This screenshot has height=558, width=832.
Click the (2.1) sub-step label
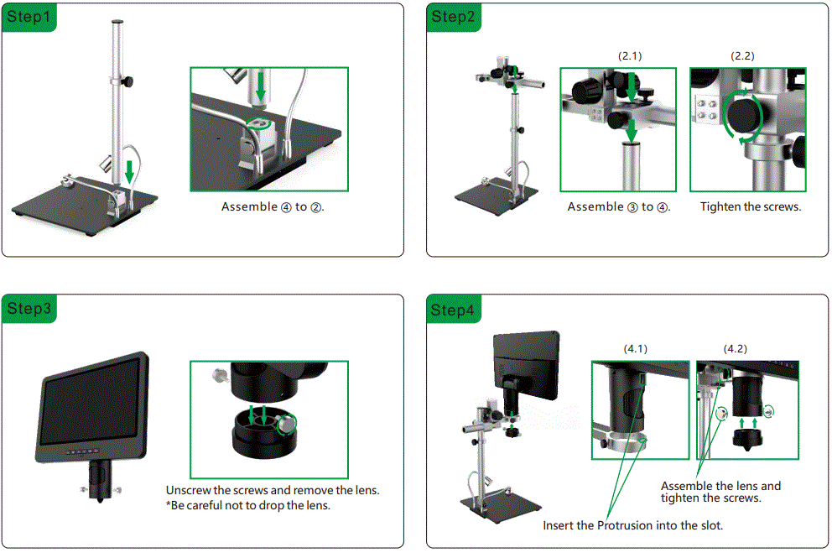pyautogui.click(x=630, y=55)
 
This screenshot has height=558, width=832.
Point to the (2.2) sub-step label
pyautogui.click(x=743, y=55)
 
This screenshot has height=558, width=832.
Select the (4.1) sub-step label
pyautogui.click(x=635, y=348)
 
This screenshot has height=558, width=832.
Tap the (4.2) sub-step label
pyautogui.click(x=736, y=348)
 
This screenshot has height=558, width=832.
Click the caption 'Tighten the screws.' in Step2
pyautogui.click(x=751, y=206)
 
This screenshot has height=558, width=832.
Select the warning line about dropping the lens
pyautogui.click(x=248, y=505)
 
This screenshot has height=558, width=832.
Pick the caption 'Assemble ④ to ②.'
pyautogui.click(x=273, y=206)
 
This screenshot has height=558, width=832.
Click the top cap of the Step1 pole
pyautogui.click(x=118, y=23)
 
